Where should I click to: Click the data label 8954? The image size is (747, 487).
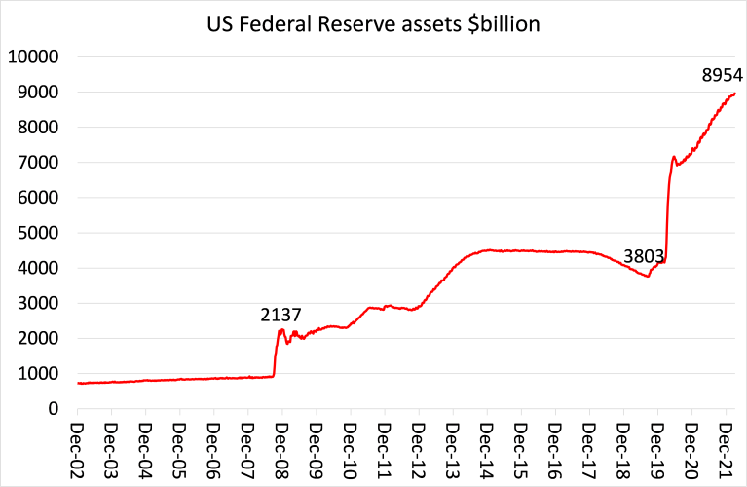(722, 74)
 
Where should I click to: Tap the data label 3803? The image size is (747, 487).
(644, 257)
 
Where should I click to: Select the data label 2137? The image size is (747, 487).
(280, 315)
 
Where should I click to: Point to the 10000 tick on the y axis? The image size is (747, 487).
(35, 56)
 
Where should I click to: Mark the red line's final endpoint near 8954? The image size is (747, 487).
(734, 94)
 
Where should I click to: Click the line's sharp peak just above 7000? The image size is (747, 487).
(674, 156)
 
